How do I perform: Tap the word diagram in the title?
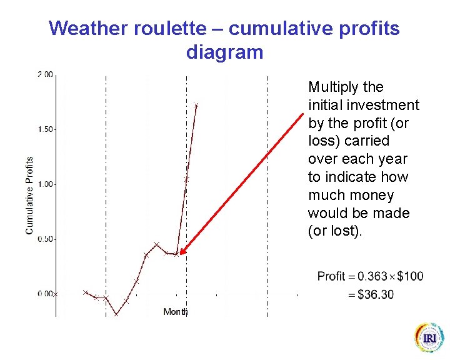tap(224, 52)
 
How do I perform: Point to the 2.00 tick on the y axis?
tap(45, 74)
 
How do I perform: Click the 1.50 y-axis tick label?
tap(45, 129)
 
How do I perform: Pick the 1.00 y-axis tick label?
tap(45, 184)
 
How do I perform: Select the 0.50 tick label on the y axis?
tap(45, 239)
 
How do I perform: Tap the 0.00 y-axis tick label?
tap(45, 294)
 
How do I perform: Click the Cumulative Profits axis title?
tap(29, 196)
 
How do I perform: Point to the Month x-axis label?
tap(175, 311)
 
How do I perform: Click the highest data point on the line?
tap(196, 106)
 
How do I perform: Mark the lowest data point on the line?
tap(116, 314)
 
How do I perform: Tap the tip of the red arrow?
tap(179, 254)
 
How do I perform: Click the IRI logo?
tap(429, 338)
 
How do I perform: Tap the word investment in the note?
tap(386, 106)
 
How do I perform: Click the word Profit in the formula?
tap(331, 276)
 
